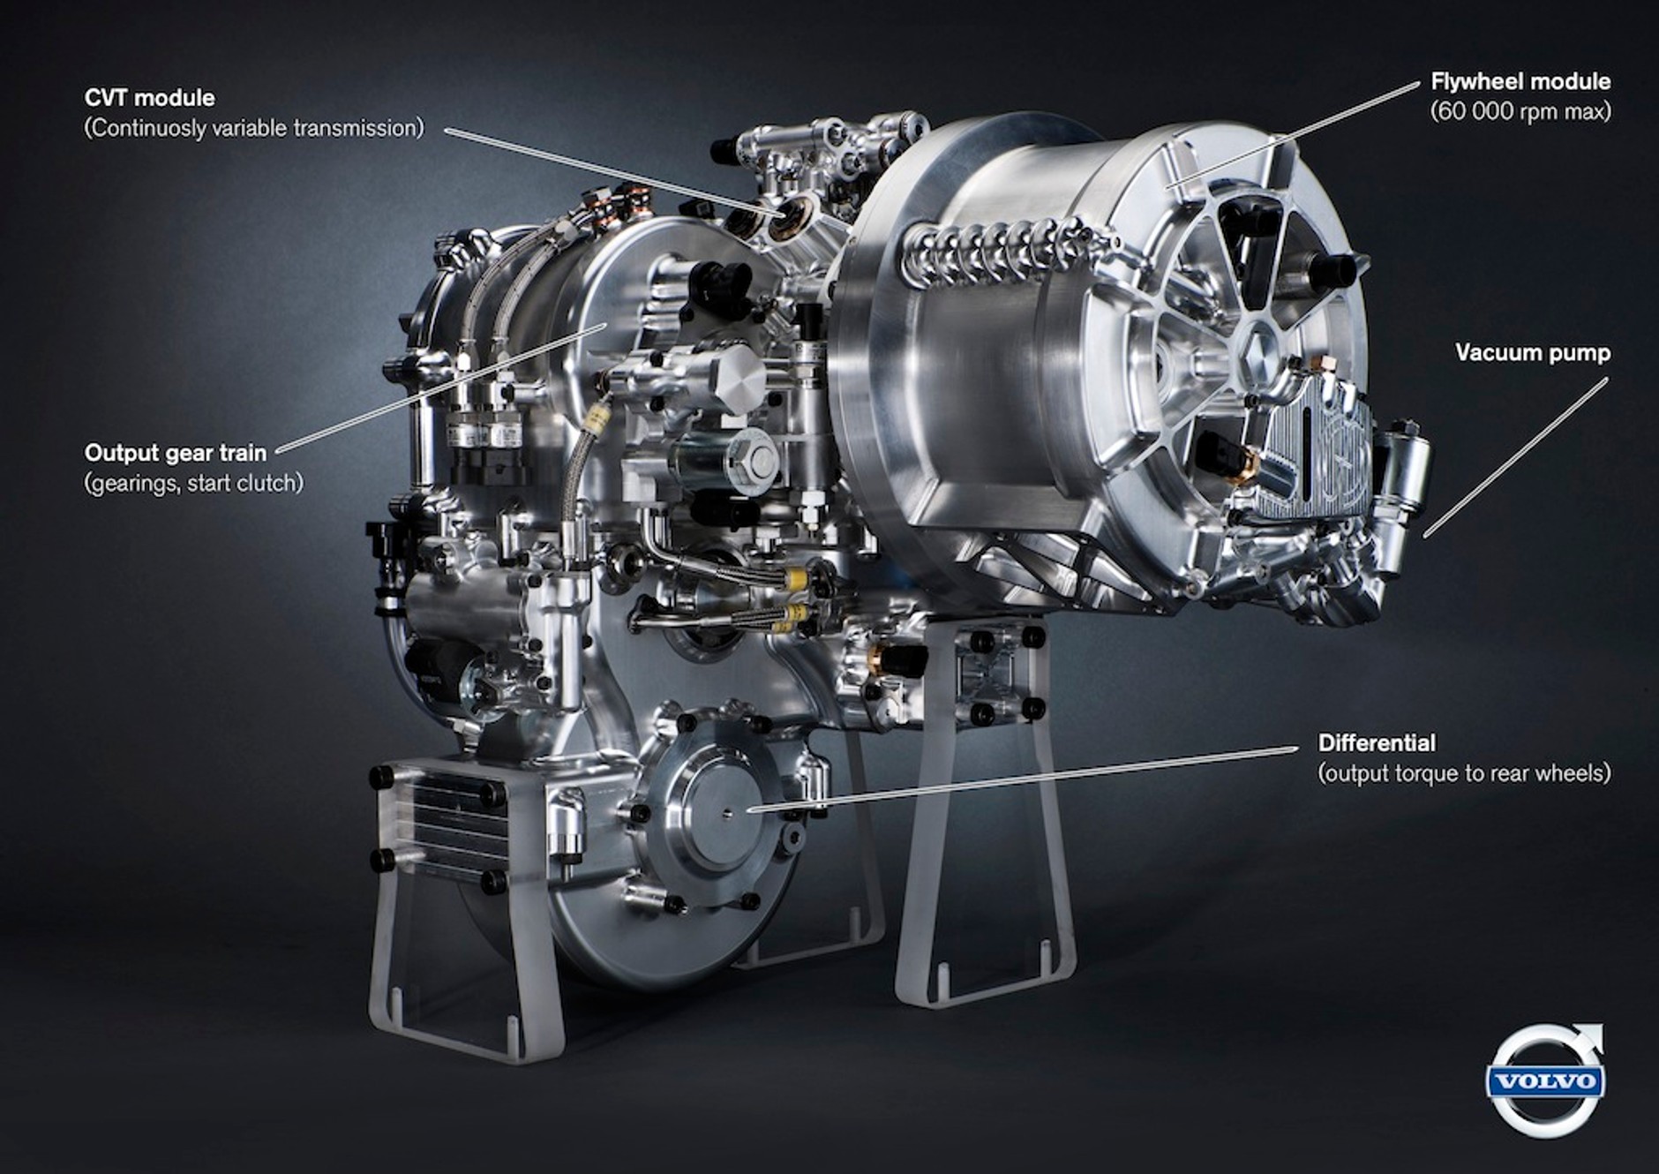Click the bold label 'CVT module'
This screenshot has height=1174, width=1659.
149,97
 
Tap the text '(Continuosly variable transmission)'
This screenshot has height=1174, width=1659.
254,128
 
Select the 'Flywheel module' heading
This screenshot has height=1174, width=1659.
1520,81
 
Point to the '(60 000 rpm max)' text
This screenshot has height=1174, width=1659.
1520,111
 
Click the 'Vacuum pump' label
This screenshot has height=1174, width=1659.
1533,353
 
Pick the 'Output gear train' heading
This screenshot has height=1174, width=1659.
176,453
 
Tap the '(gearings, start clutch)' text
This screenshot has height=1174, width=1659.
194,483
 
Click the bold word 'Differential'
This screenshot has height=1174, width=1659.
1377,743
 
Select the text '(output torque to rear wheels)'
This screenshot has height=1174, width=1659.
1464,773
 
